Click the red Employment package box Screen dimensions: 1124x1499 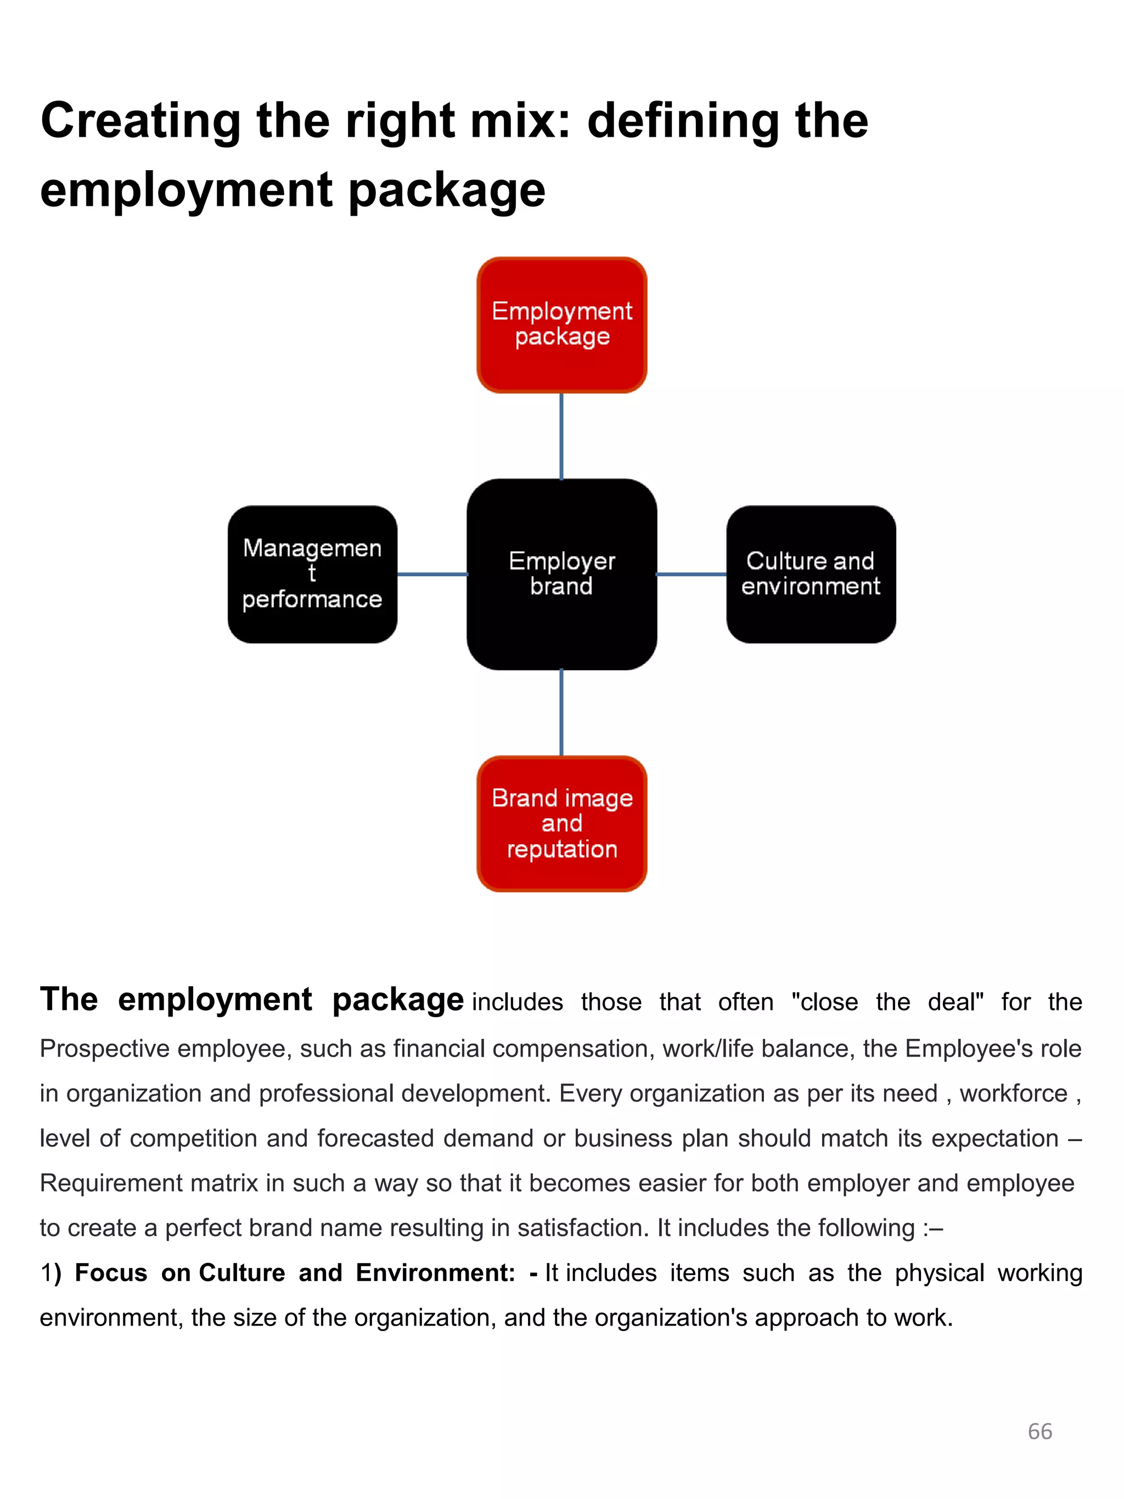pos(561,324)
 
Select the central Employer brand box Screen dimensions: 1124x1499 pos(561,574)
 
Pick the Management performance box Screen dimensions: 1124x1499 pos(312,574)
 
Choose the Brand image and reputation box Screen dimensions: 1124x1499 pos(561,823)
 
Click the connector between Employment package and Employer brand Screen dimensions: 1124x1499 pos(561,436)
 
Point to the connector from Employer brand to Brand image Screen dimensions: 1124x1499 pos(561,712)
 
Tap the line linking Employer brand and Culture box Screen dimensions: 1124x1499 pos(691,574)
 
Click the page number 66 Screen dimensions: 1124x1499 pos(1039,1431)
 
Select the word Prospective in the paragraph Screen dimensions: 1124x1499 pos(104,1048)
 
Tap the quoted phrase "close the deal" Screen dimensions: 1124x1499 pos(887,1002)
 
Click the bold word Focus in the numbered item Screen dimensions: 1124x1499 pos(110,1273)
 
